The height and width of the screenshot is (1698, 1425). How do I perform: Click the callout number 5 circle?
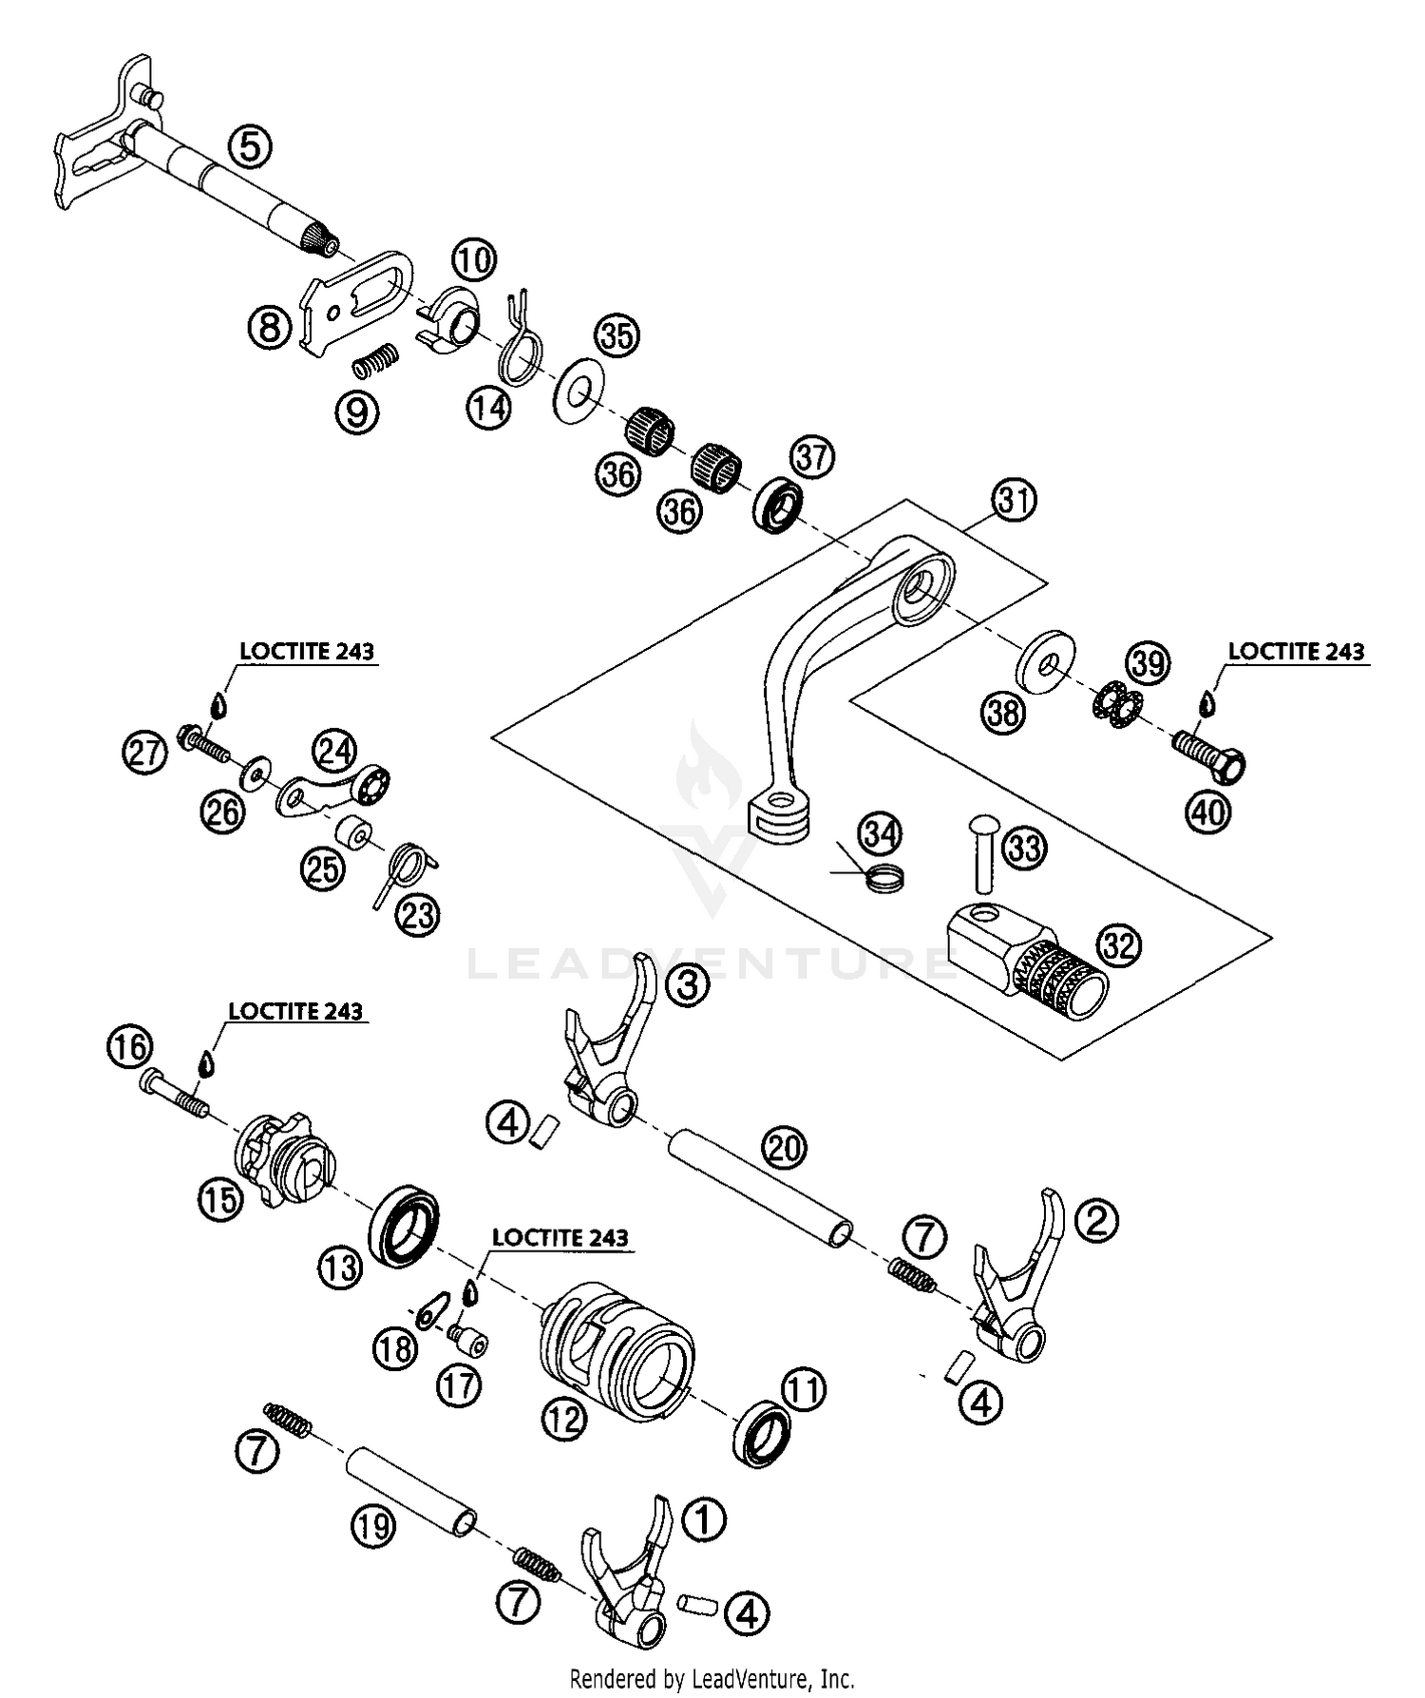pos(249,147)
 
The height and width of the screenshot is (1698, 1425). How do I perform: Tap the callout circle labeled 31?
pos(1014,500)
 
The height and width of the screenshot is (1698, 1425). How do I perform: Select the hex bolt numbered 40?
pos(1209,755)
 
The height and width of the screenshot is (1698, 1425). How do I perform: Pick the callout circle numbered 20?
pos(785,1149)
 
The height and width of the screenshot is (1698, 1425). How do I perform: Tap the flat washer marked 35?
pos(574,391)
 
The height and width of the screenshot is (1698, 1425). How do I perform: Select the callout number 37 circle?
pos(812,457)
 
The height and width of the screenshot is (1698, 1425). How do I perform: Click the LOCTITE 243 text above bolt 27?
pos(306,652)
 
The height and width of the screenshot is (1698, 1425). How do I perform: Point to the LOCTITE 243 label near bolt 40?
pos(1296,652)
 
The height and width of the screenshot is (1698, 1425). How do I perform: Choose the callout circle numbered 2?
pos(1096,1220)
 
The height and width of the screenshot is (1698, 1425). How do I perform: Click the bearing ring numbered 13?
pos(408,1224)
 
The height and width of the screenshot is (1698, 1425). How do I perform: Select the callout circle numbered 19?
pos(372,1526)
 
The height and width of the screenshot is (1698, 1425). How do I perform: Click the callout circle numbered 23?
pos(418,915)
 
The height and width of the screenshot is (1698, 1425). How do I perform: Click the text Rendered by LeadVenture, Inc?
pos(712,1677)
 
